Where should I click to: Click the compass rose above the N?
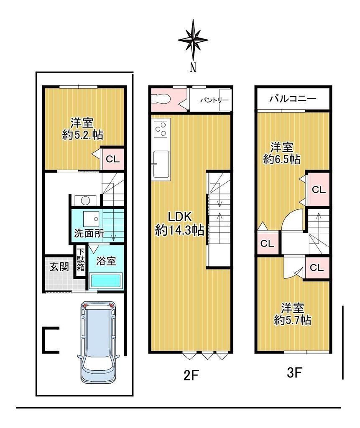[193, 40]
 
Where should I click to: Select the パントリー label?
[214, 100]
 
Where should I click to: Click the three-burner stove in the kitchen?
[161, 129]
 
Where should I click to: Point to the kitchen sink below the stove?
[161, 164]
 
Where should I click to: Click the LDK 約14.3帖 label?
[179, 224]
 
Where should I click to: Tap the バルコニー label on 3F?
[293, 98]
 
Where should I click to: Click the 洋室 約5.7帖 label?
[293, 314]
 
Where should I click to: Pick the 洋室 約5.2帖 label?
[82, 129]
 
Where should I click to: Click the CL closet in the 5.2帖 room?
[113, 159]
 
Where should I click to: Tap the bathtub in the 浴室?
[106, 281]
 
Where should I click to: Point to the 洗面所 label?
[89, 233]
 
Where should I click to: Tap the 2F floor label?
[190, 376]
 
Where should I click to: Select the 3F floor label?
[294, 372]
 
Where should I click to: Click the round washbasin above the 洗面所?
[85, 201]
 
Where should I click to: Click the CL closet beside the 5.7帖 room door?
[317, 268]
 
